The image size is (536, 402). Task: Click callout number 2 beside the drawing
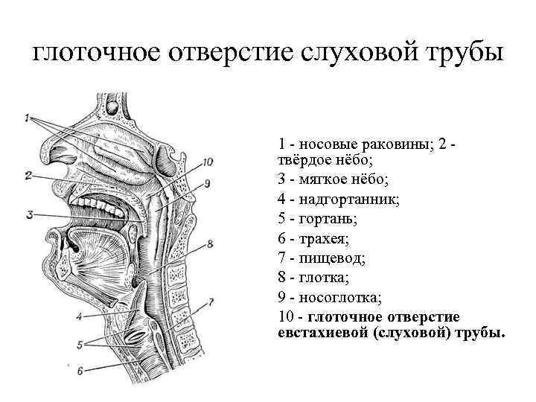[28, 176]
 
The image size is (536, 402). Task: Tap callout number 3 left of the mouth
[29, 214]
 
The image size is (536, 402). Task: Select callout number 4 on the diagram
[79, 316]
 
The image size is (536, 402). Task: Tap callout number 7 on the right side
[211, 302]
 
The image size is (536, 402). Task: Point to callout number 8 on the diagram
[211, 243]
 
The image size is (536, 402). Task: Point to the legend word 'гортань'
[328, 219]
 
